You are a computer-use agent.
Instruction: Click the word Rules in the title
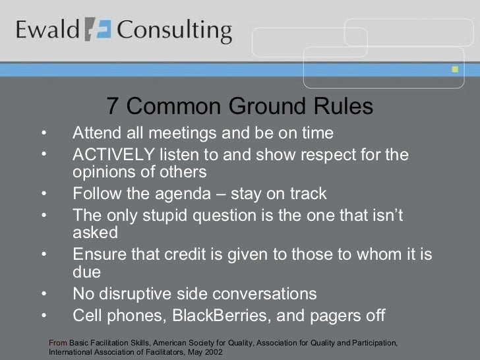click(x=343, y=106)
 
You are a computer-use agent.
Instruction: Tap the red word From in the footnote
click(x=59, y=343)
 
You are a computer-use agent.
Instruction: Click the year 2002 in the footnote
click(x=214, y=353)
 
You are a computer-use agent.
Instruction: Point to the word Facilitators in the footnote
click(x=162, y=353)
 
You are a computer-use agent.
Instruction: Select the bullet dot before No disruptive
click(x=44, y=293)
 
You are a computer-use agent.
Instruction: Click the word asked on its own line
click(x=95, y=233)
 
